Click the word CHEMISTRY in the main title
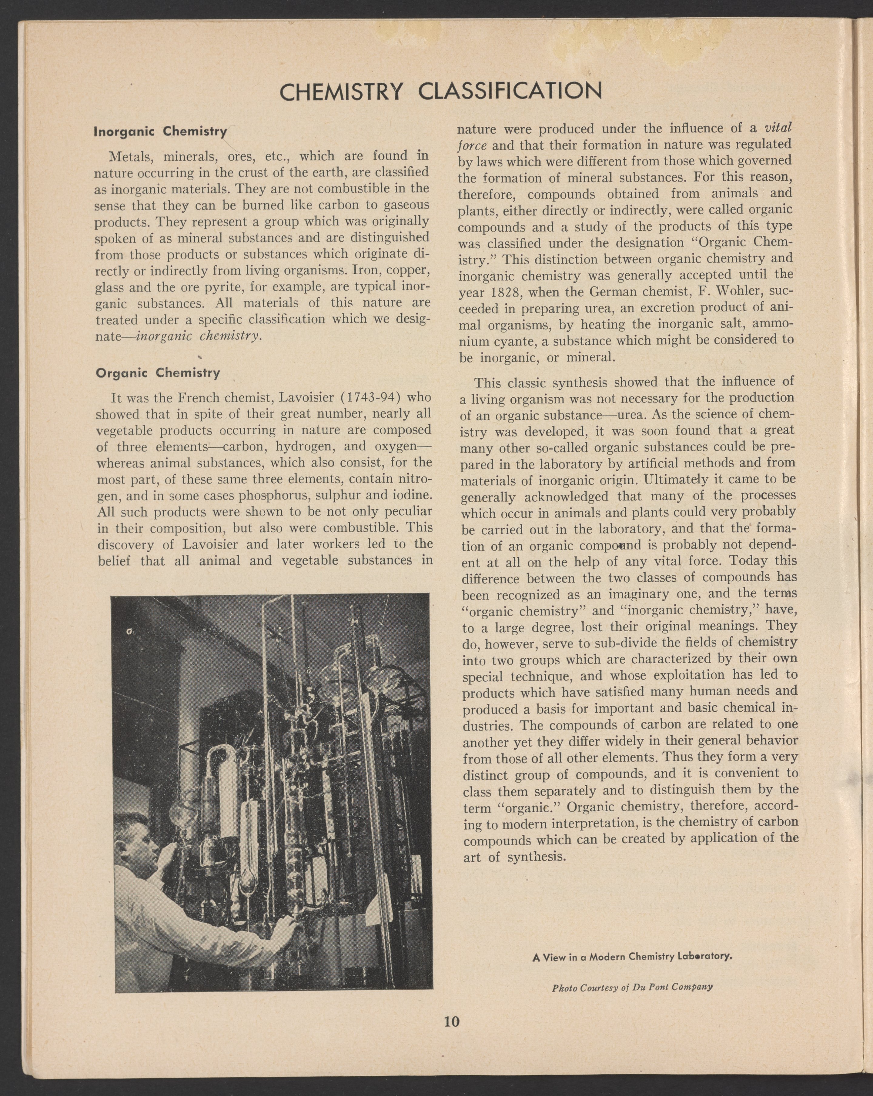point(341,92)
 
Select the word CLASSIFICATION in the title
point(510,92)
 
